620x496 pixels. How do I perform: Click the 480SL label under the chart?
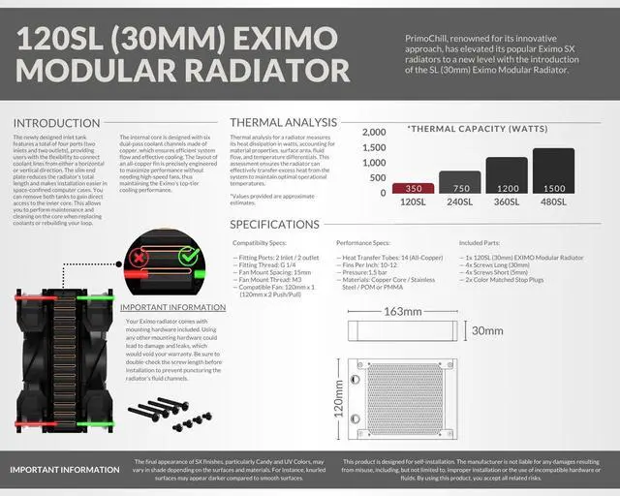coord(553,203)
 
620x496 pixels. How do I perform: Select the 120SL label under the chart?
coord(413,203)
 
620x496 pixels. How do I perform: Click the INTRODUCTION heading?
coord(55,123)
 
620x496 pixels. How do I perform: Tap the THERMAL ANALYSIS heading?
coord(284,123)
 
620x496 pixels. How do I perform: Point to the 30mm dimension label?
coord(487,330)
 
